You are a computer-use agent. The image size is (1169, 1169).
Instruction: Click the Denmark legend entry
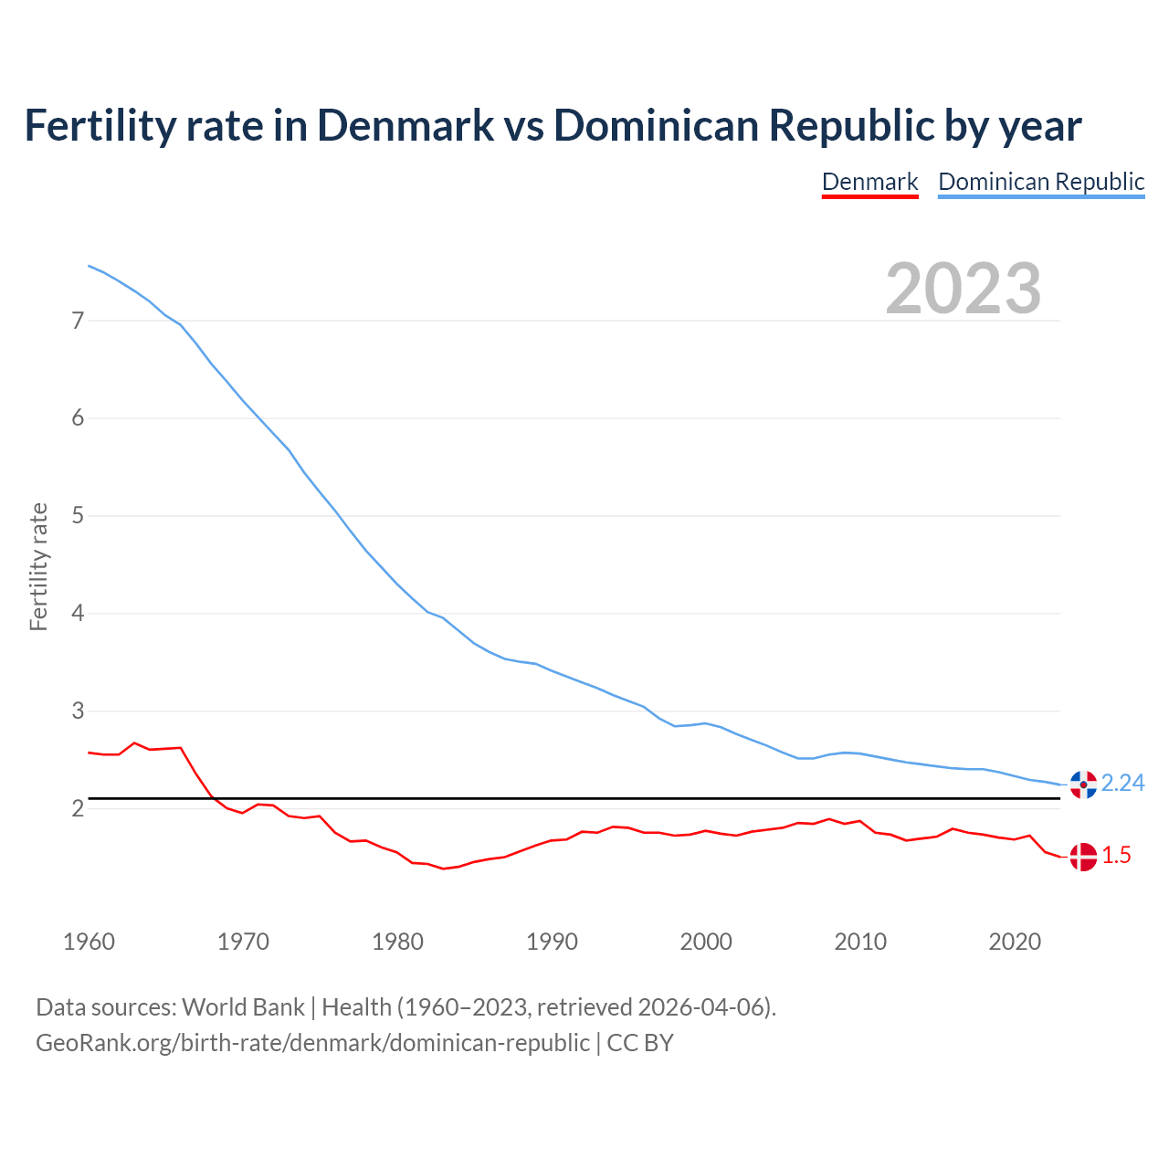[869, 182]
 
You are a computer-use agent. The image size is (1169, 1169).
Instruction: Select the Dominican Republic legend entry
[1041, 182]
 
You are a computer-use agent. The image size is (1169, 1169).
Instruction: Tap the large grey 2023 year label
[964, 289]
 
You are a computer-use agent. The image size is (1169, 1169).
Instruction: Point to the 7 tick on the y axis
[78, 321]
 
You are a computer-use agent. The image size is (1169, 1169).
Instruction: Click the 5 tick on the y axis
[78, 516]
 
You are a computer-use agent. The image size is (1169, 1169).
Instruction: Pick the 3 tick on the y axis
[78, 711]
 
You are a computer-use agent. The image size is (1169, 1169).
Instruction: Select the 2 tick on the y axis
[78, 808]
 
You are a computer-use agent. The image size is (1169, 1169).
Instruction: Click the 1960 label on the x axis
[89, 942]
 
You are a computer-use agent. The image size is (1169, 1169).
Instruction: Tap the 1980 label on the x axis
[397, 942]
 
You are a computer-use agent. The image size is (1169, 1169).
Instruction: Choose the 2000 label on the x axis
[706, 942]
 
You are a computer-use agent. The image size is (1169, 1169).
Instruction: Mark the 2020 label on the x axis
[1015, 942]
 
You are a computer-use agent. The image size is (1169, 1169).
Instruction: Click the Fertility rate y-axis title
[38, 566]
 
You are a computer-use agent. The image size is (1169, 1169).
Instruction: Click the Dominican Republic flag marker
[1083, 784]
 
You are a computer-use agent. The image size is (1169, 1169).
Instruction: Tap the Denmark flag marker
[1083, 856]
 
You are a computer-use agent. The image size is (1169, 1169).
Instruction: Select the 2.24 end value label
[1123, 784]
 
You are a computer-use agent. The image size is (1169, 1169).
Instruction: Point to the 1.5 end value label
[1116, 856]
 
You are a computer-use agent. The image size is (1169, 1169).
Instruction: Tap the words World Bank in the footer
[243, 1007]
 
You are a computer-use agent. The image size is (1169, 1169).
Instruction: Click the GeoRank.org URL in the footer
[312, 1043]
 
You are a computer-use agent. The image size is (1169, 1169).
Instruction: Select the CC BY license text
[640, 1043]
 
